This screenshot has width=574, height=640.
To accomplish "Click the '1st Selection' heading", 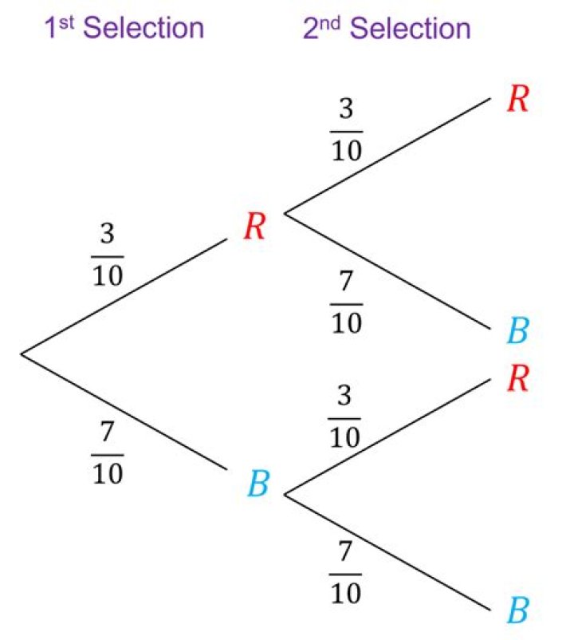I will coord(124,29).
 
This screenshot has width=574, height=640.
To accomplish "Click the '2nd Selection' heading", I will coord(387,29).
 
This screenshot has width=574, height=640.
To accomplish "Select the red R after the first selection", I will coord(254,227).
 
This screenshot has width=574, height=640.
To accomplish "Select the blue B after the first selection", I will coord(257,484).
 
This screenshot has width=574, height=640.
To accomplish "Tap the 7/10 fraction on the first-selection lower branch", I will coord(108,452).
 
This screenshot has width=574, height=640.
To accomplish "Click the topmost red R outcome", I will coord(518,100).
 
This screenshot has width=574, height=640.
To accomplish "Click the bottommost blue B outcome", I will coord(518,612).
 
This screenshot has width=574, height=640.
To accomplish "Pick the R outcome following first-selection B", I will coord(518,379).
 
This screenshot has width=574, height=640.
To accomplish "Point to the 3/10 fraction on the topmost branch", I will coord(347,130).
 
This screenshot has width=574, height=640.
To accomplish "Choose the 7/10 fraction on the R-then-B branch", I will coord(347,302).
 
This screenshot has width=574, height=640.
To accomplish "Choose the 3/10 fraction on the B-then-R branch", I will coord(345,417).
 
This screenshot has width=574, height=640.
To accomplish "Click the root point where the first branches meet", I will coord(22,353).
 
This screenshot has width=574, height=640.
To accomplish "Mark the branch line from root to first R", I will coord(124,295).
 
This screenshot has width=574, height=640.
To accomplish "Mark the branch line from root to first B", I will coord(124,410).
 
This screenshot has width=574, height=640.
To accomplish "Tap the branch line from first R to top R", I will coord(387,156).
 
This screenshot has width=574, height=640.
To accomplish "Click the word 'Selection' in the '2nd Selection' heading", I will coord(411,29).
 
